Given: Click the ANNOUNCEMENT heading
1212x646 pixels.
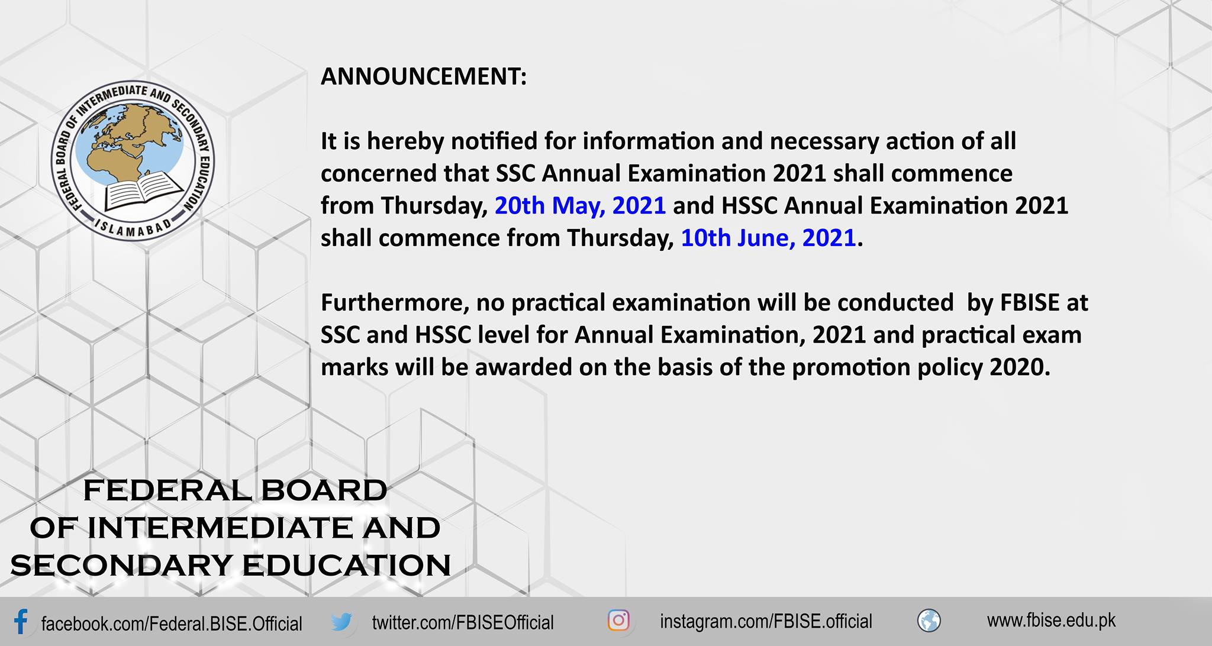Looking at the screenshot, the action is click(423, 76).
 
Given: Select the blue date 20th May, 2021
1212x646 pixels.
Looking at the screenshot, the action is click(580, 206).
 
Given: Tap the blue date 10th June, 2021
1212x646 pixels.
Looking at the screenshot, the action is click(768, 238).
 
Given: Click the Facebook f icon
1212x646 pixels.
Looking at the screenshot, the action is click(21, 622).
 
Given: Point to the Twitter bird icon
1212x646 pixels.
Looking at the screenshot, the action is click(341, 622).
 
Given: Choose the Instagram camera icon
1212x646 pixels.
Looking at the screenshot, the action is click(618, 621).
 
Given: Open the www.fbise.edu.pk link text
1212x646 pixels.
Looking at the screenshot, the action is click(1051, 621).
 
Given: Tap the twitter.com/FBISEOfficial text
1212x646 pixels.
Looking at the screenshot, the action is click(463, 622).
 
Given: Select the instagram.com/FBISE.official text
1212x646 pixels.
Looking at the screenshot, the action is click(766, 622).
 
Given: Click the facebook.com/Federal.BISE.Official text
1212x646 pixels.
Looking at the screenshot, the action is click(172, 624).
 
